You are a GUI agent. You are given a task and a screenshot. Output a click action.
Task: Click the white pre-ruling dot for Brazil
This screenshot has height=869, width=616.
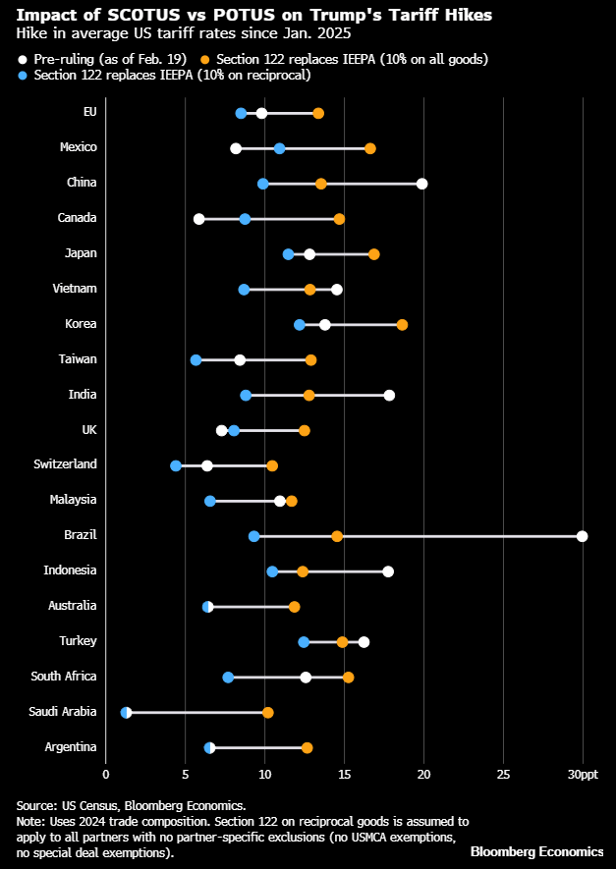(583, 536)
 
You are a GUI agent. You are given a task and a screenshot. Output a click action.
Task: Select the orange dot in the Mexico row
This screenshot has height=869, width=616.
(370, 148)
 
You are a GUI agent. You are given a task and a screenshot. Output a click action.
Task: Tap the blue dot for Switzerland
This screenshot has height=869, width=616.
(176, 465)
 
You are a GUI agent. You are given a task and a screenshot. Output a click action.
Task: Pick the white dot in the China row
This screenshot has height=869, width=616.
(421, 184)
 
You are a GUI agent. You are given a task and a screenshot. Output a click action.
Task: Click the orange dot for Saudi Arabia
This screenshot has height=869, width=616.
(267, 713)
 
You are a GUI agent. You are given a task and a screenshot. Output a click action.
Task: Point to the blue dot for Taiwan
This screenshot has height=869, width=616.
(196, 360)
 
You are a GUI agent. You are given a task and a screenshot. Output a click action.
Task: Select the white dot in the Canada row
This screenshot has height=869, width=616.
(199, 219)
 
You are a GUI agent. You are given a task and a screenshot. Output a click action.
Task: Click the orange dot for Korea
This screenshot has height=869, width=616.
(402, 325)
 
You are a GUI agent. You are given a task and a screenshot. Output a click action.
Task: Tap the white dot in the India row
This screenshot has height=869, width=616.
(389, 396)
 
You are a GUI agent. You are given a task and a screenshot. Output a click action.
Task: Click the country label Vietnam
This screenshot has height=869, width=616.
(76, 289)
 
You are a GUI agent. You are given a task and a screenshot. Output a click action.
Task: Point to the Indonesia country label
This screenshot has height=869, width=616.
(70, 570)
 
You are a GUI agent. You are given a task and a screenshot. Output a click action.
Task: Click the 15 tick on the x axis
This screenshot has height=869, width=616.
(344, 776)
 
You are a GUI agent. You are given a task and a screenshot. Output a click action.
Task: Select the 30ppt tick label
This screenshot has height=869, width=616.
(583, 776)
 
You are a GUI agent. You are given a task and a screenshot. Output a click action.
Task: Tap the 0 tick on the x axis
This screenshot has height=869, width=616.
(105, 776)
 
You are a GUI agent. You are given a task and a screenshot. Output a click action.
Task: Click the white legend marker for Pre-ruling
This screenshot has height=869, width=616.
(23, 59)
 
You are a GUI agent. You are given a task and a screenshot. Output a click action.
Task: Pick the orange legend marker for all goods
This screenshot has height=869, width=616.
(204, 59)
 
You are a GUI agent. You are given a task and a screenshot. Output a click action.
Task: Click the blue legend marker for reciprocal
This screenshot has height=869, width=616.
(23, 76)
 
